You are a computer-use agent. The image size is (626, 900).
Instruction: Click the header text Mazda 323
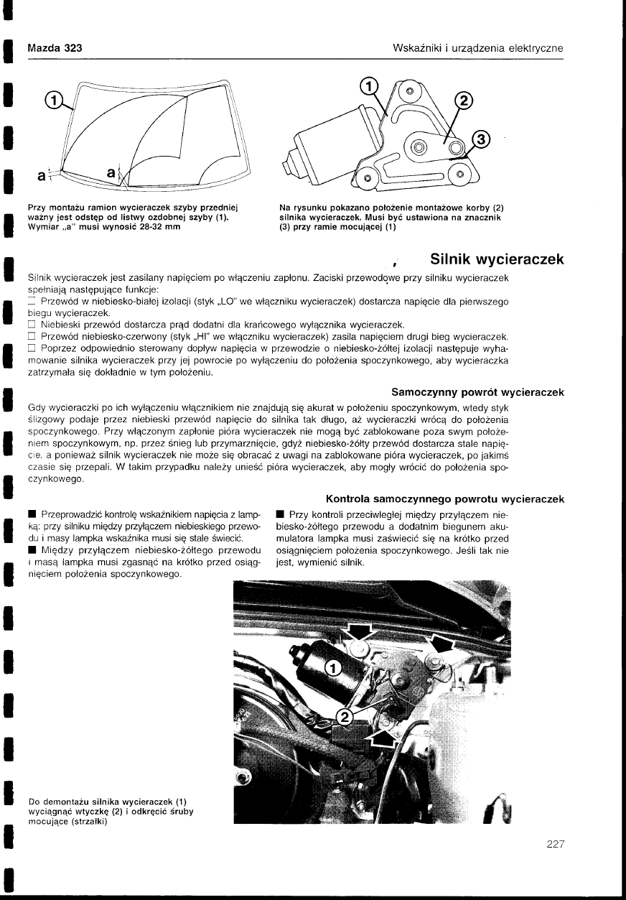coord(55,48)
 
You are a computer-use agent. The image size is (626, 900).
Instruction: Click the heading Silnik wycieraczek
coord(495,259)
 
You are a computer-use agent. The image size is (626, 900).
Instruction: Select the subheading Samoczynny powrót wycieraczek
coord(477,392)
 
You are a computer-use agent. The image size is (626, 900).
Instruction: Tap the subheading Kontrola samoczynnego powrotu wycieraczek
coord(444,498)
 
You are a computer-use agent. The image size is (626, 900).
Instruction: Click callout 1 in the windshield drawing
coord(53,100)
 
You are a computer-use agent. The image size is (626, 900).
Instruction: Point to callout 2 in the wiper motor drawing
coord(463,101)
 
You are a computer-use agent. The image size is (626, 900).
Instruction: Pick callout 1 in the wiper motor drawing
coord(368,86)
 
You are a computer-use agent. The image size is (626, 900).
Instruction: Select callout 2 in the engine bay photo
coord(344,717)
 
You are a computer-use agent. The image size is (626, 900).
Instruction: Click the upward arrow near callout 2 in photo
coord(386,738)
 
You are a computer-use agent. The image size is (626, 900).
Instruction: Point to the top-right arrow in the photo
coord(440,642)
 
